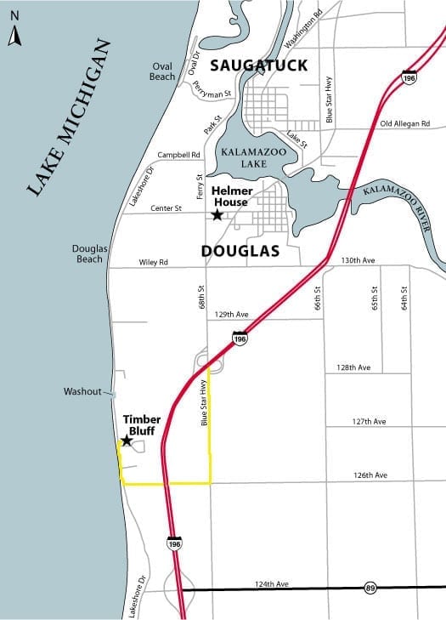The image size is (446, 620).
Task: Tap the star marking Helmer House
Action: [x=217, y=215]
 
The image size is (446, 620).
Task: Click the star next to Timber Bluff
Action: [x=127, y=441]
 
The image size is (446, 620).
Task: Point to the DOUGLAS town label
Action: [x=240, y=252]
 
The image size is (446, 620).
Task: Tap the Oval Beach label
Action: [x=162, y=71]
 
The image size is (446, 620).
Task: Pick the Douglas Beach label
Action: [x=89, y=253]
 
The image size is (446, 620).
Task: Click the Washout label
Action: [x=82, y=392]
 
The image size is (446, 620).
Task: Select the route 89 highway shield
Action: [x=370, y=588]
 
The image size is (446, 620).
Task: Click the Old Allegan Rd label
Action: [x=405, y=124]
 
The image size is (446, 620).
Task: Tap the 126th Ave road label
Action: [x=369, y=475]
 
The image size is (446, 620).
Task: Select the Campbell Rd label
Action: [x=178, y=156]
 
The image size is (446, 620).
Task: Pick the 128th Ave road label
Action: [x=354, y=367]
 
